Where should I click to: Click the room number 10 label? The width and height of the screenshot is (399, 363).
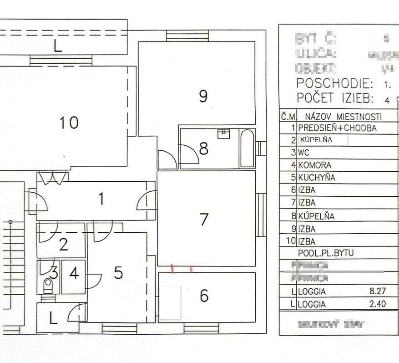coord(69,123)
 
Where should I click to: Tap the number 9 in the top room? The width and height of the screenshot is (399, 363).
coord(203,96)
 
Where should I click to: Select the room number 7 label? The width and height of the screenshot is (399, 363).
coord(204,220)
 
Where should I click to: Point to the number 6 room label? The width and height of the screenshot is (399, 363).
coord(204,296)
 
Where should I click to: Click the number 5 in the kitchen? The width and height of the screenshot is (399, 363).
coord(118,273)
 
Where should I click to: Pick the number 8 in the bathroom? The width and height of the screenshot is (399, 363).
coord(203,148)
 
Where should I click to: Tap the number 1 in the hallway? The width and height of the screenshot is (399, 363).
coord(101,199)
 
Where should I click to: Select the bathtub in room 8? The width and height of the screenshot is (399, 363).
coord(247,148)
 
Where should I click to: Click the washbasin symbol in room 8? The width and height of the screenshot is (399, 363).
coord(224,133)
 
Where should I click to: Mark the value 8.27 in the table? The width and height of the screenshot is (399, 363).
coord(378,291)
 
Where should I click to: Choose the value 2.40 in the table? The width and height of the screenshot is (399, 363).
coord(378,304)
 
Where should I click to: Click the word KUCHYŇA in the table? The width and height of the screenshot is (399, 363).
coord(317,178)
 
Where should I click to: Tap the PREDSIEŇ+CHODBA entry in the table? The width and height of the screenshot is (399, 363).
coord(337,128)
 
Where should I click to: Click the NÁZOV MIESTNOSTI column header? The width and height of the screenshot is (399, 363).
coord(343,117)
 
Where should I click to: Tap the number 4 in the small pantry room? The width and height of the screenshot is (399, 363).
coord(74,274)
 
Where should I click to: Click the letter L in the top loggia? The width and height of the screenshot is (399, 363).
coord(58,47)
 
